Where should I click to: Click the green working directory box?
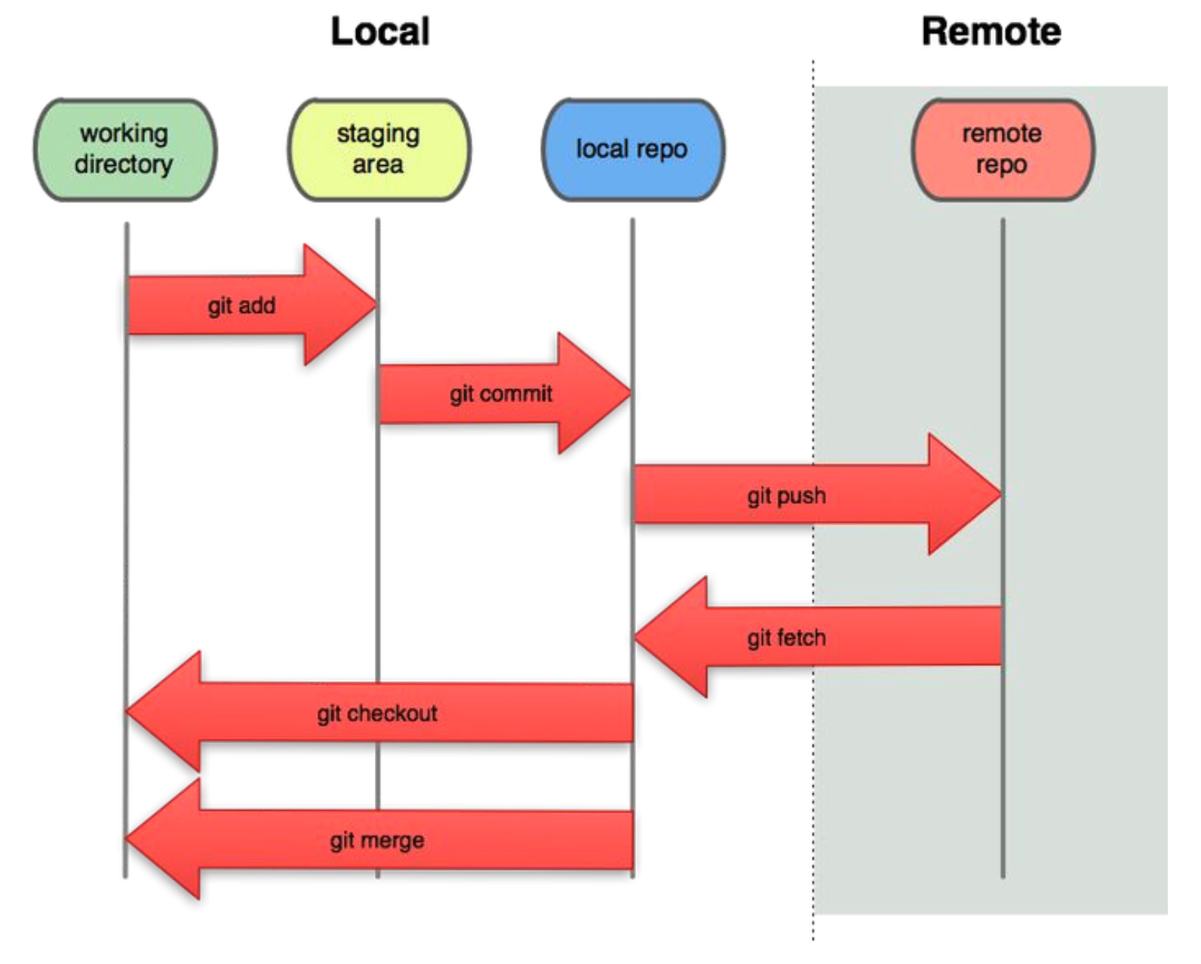125,149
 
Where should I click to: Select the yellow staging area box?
379,149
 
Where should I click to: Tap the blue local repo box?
634,149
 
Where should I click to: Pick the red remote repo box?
1003,149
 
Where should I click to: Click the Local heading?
381,31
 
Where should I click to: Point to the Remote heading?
991,31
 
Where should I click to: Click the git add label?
241,306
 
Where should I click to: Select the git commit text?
501,395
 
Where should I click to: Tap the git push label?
787,496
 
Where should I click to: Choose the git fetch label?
787,638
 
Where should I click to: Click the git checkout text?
377,714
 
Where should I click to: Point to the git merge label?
377,840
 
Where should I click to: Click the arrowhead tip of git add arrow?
376,305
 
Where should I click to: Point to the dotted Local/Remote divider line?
813,499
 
